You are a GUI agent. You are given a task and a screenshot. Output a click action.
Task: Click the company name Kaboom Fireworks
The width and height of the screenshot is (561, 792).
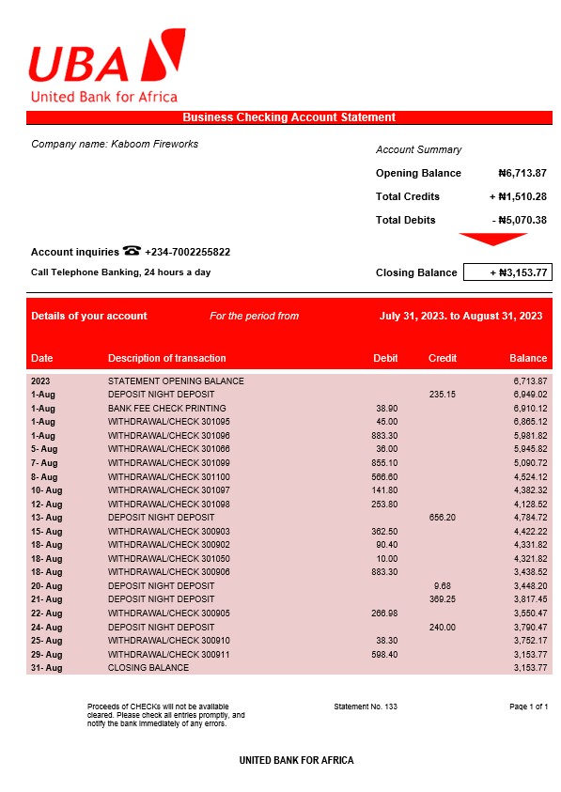115,144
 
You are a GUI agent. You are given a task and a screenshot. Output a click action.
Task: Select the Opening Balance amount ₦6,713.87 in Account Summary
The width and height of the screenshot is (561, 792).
522,173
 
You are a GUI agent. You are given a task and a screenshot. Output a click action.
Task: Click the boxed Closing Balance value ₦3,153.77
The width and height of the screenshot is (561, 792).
507,272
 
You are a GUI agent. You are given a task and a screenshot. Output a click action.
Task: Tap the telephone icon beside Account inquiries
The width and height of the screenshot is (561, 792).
132,251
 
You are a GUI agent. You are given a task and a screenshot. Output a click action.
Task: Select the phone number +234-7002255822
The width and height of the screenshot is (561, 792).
188,252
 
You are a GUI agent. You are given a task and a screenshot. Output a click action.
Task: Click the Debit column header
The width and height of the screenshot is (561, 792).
385,358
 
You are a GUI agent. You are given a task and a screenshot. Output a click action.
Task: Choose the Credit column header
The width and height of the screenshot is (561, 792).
443,358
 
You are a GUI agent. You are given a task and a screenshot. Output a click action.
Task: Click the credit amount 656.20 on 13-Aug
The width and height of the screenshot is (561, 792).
443,518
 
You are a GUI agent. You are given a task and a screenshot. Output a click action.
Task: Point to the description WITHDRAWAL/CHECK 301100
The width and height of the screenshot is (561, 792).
169,476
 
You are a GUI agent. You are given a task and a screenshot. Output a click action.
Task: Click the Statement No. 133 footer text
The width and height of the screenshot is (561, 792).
366,706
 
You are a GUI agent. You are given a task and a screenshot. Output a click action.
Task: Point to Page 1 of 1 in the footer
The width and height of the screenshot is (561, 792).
528,706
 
